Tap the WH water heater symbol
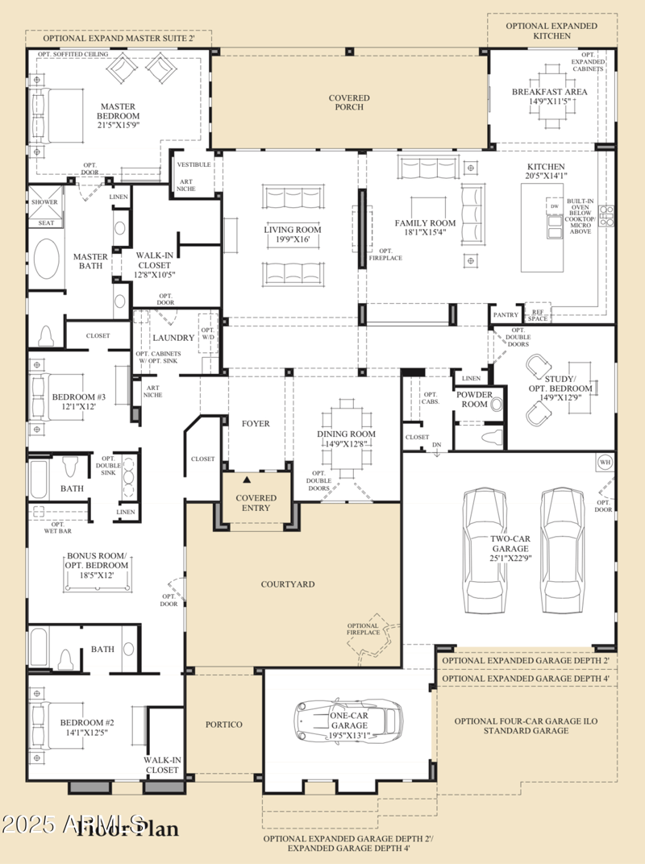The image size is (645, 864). tap(605, 463)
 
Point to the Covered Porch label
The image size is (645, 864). tap(349, 102)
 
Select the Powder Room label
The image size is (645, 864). tap(474, 399)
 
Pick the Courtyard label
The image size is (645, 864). tap(287, 584)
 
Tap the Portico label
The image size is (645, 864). tap(223, 725)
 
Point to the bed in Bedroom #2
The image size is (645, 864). tap(48, 722)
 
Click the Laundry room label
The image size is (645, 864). tap(173, 338)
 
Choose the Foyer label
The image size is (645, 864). tap(256, 423)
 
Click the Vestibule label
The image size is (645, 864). tap(194, 164)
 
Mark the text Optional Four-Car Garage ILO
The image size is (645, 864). tap(526, 721)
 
